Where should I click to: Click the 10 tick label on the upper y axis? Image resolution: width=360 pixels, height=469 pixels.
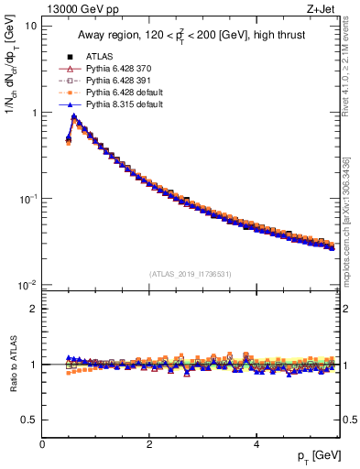click(x=29, y=27)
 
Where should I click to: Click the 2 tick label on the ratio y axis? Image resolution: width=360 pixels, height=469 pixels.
click(x=33, y=309)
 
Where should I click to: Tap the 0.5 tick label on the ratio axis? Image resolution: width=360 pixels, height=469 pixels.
click(x=28, y=420)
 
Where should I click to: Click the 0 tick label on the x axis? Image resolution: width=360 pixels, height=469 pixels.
click(x=42, y=444)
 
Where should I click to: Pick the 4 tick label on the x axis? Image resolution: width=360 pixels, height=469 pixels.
click(x=256, y=444)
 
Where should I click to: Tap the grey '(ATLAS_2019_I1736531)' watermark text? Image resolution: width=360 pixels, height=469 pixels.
click(x=191, y=273)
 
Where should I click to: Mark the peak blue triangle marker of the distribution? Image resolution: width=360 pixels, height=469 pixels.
click(x=73, y=117)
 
